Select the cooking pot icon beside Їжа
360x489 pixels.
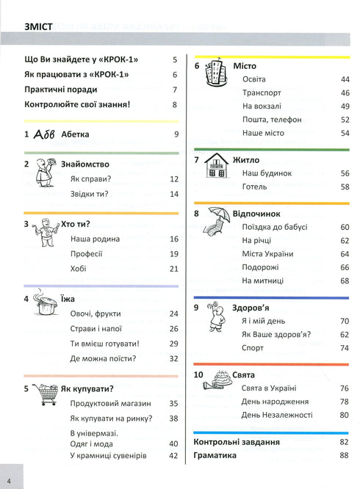pos(46,305)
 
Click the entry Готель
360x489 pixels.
pos(255,187)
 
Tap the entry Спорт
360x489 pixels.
pos(253,348)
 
